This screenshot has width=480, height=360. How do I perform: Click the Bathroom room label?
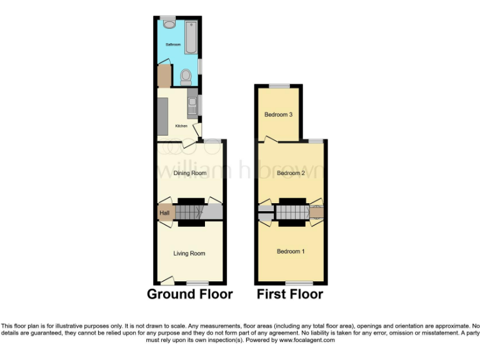click(173, 45)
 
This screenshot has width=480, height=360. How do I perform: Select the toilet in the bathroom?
click(186, 77)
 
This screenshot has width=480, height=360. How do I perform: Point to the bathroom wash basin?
click(169, 24)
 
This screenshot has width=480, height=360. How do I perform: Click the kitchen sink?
click(193, 104)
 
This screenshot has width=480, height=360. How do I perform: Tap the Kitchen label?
click(181, 126)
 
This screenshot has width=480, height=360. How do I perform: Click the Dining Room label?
click(189, 173)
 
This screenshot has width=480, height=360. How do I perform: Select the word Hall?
click(164, 213)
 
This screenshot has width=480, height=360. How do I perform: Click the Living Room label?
click(189, 253)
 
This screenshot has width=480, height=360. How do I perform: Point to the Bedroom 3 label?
click(279, 114)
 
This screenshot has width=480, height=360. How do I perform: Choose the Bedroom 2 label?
click(291, 173)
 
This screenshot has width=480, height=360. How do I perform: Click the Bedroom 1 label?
click(291, 251)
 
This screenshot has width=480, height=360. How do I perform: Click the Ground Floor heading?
click(190, 294)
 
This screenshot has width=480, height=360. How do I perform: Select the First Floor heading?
click(290, 294)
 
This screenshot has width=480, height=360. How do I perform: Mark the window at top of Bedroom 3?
click(279, 86)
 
